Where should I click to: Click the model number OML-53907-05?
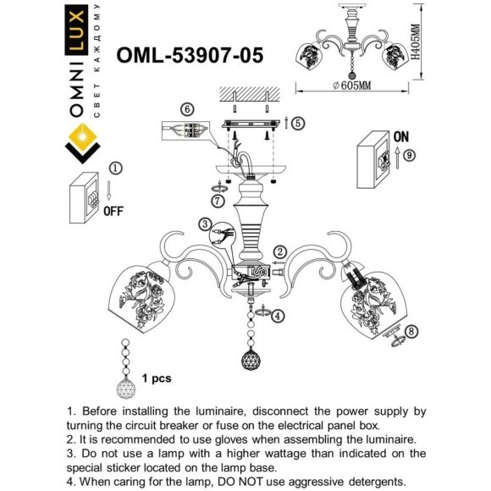pos(190,55)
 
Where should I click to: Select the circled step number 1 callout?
pos(116,168)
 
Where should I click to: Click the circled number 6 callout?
pos(187,108)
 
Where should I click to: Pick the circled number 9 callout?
pos(408,155)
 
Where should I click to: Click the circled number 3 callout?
pos(206,223)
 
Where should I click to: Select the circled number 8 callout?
pos(411,330)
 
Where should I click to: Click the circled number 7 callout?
pos(218,201)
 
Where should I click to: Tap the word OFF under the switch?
pos(114,212)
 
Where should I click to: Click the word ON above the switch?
pos(400,136)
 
